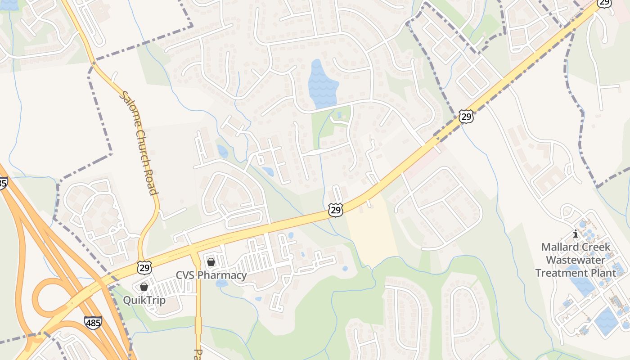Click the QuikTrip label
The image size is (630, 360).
144,300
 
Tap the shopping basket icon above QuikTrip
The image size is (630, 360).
144,287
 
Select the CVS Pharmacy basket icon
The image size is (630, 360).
211,262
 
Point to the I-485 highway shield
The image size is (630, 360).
93,322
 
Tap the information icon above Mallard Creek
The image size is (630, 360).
575,234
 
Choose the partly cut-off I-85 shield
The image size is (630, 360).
2,183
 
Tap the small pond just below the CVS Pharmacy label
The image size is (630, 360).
221,283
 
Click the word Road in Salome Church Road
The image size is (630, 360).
152,180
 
